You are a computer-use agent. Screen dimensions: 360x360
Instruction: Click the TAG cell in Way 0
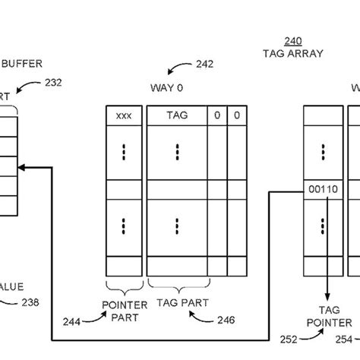click(176, 116)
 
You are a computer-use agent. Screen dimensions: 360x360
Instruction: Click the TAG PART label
click(177, 303)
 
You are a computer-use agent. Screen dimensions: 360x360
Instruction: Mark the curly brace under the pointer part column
click(124, 286)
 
